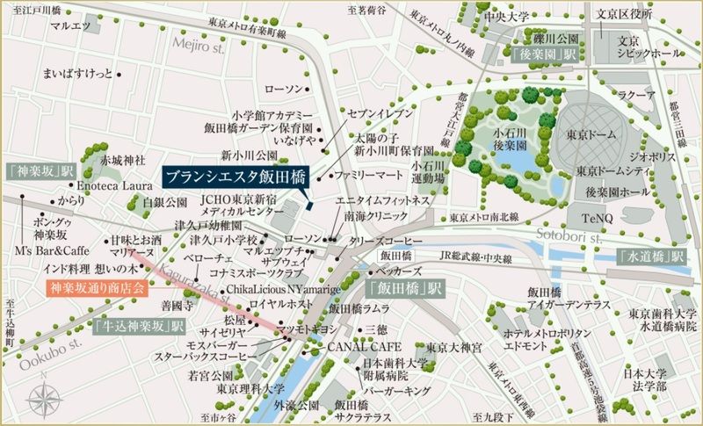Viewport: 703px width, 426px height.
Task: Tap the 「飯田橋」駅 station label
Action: (404, 288)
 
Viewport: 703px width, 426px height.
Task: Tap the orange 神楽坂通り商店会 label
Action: (96, 287)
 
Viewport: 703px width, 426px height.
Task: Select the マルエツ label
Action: (70, 26)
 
